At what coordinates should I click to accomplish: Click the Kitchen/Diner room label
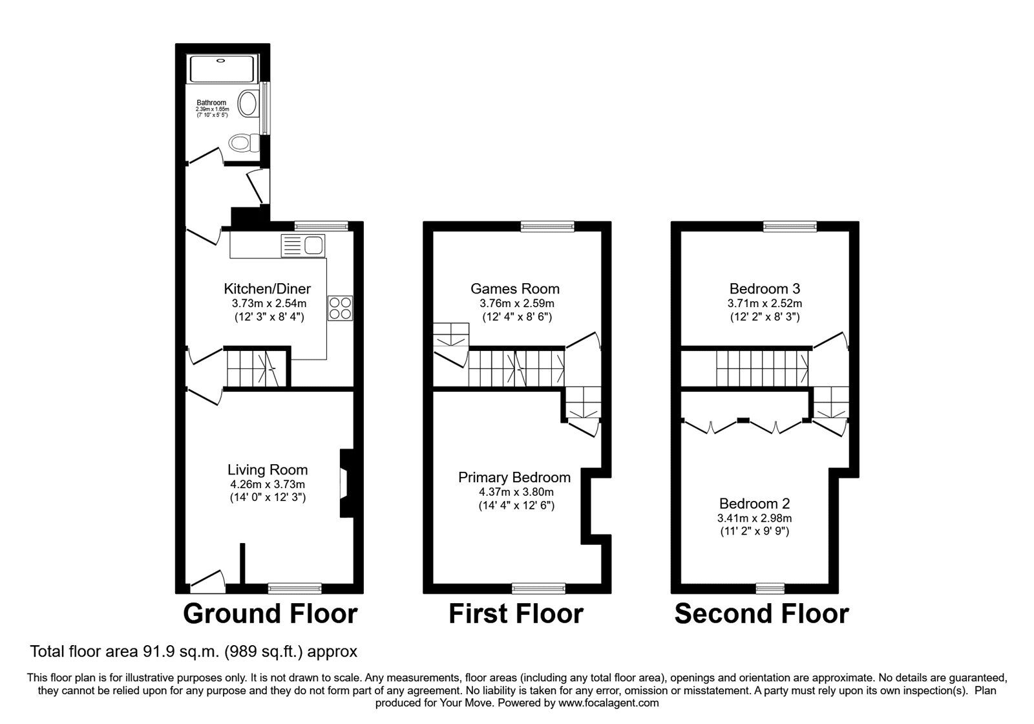coord(267,289)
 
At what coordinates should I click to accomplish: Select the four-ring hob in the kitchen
coord(340,308)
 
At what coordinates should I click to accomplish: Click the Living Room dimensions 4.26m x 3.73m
coord(268,484)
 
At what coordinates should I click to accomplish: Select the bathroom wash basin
coord(248,103)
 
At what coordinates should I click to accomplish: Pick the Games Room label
coord(515,289)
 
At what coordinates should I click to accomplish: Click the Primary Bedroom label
coord(514,478)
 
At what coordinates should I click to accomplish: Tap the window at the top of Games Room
coord(547,226)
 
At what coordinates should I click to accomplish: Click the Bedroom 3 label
coord(765,289)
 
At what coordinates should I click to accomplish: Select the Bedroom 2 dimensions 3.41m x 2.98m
coord(755,518)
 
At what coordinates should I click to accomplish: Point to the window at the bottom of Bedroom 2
coord(770,588)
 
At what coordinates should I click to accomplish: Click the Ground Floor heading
coord(270,613)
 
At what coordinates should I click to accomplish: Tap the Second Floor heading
coord(761,613)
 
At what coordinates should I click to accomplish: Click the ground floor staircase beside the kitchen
coord(253,369)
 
